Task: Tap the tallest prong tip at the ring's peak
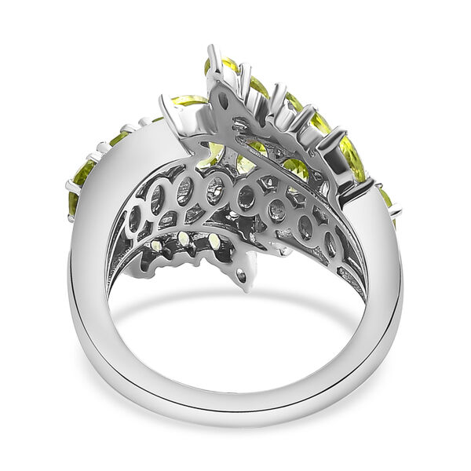211,51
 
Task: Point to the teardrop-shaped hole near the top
225,100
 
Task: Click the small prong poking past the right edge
396,210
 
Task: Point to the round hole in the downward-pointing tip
241,276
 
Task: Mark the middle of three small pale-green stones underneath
183,240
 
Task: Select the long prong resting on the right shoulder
357,188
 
